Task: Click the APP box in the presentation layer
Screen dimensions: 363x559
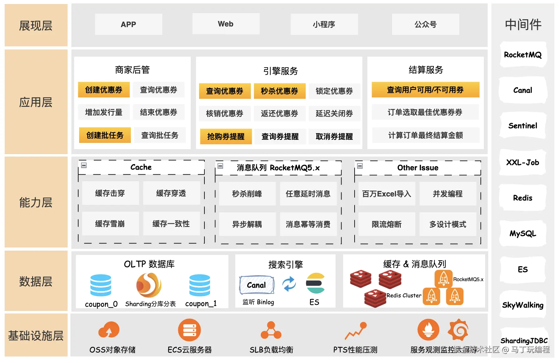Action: (x=128, y=24)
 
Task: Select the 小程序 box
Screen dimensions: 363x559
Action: (x=324, y=24)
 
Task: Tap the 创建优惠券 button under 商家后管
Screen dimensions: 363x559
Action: (x=104, y=90)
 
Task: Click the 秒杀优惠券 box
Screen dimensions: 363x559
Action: (x=279, y=91)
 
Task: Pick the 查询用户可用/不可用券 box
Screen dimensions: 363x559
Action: (x=425, y=90)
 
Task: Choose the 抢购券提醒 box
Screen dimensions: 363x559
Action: (x=226, y=136)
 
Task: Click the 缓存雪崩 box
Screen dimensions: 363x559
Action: (x=110, y=224)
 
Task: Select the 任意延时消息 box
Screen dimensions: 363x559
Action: (x=308, y=194)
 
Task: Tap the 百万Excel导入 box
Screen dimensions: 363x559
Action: (x=386, y=194)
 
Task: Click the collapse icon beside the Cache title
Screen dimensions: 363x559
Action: (x=84, y=165)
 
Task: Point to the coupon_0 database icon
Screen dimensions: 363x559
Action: (x=101, y=285)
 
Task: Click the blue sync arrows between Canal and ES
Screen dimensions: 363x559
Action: (x=289, y=284)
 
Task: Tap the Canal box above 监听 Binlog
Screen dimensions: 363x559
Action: (x=256, y=285)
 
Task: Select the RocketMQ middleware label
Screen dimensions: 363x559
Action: (x=523, y=55)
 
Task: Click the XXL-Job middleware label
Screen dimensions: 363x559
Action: (x=523, y=162)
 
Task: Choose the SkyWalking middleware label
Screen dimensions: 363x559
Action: (x=523, y=305)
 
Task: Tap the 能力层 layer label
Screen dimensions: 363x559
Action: (x=36, y=202)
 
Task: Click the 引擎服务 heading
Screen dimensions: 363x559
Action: (x=280, y=71)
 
